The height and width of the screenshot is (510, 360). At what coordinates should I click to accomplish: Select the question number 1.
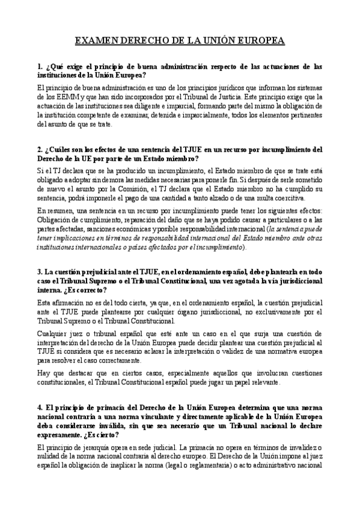pos(38,66)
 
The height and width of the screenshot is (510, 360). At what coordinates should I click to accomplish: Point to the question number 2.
pos(38,149)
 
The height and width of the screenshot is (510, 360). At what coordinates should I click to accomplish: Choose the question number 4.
pos(38,408)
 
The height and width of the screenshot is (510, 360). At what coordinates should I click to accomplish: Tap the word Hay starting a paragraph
pos(43,374)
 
